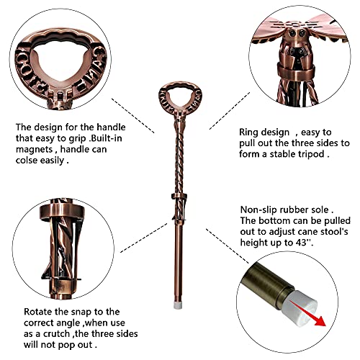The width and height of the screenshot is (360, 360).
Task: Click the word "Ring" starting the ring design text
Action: pos(250,132)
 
